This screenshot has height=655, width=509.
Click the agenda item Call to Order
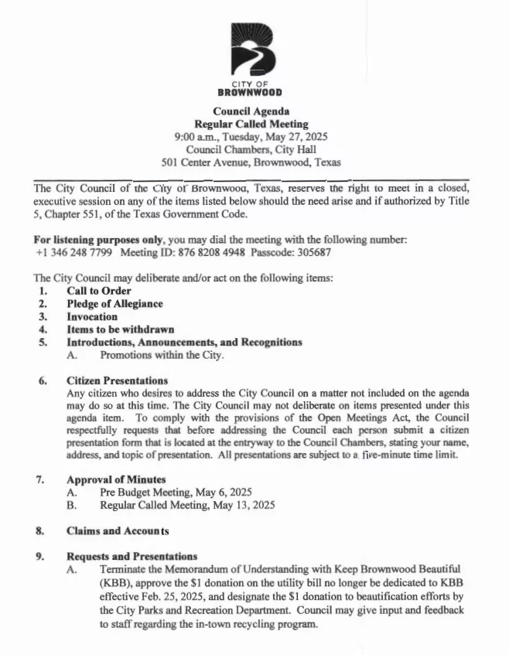coord(98,291)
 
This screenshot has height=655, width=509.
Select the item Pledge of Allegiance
coord(114,304)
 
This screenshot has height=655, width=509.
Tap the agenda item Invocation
coord(92,316)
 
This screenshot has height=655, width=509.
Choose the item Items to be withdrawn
coord(120,329)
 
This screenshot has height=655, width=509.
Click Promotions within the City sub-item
coord(162,355)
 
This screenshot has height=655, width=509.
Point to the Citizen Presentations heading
coord(117,380)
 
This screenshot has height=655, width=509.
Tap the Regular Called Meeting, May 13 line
coord(186,505)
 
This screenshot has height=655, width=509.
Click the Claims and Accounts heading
coord(118,531)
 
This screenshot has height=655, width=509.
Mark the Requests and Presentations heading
coord(132,556)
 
